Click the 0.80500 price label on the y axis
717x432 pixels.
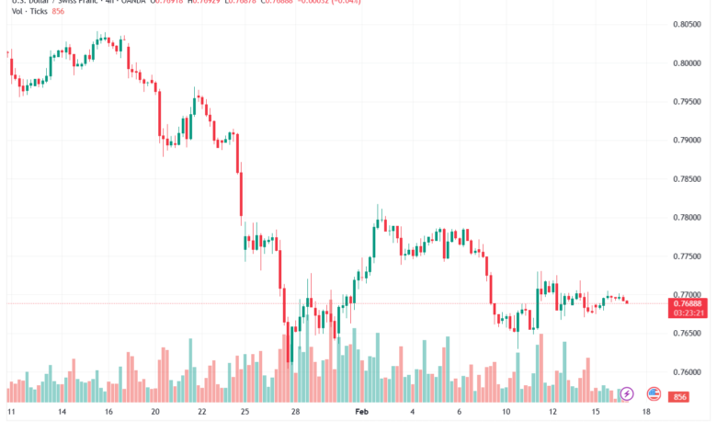click(x=689, y=25)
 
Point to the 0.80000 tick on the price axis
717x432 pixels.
click(x=689, y=63)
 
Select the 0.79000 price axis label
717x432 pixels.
click(x=689, y=141)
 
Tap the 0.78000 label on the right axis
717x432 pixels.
click(x=689, y=218)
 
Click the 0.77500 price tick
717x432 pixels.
click(x=689, y=256)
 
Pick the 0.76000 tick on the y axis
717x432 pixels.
click(x=689, y=372)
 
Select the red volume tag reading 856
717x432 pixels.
click(x=681, y=396)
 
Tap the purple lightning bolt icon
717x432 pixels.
click(x=628, y=393)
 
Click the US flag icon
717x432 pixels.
click(x=654, y=393)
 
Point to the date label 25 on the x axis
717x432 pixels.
click(x=243, y=413)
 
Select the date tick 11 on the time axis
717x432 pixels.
click(x=11, y=413)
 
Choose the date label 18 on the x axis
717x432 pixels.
click(x=647, y=413)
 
